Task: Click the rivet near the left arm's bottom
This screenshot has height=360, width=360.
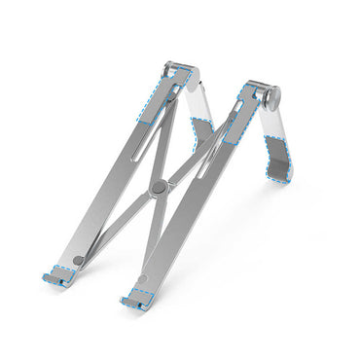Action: tap(79, 261)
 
